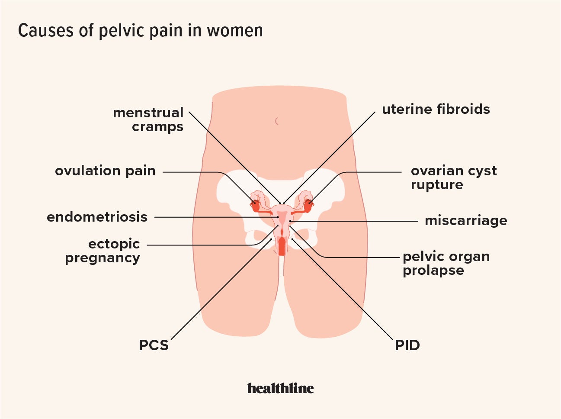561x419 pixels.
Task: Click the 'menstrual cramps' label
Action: [148, 119]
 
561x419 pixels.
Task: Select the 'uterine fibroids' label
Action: [436, 110]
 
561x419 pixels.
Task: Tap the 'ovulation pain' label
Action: [105, 171]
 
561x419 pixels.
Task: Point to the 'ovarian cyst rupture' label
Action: [453, 177]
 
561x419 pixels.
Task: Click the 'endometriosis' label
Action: [97, 217]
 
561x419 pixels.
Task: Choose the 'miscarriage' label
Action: [466, 221]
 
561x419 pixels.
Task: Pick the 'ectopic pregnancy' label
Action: [103, 251]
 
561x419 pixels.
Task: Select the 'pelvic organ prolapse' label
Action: [446, 263]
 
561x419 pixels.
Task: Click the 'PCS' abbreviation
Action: [154, 345]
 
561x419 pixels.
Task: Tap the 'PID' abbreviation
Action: [407, 345]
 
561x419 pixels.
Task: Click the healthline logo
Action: [280, 388]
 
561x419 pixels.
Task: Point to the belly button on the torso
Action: [277, 121]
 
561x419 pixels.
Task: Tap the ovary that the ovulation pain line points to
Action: [256, 205]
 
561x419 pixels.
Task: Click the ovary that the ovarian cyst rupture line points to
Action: [308, 205]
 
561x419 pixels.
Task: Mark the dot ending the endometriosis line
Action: [278, 217]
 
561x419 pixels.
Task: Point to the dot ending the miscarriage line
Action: [291, 221]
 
